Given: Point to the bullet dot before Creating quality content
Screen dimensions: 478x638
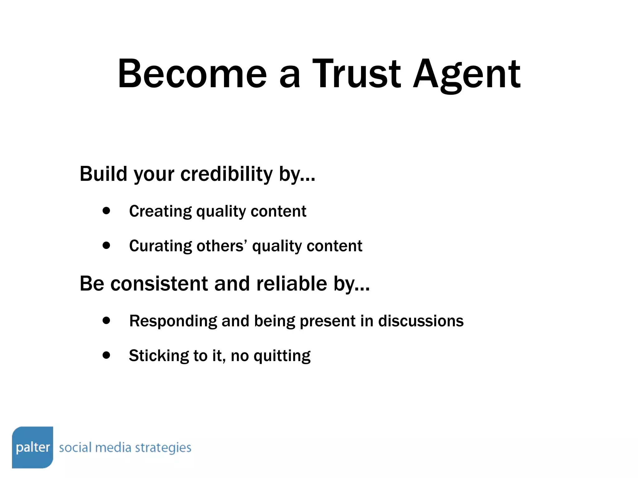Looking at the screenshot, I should coord(106,211).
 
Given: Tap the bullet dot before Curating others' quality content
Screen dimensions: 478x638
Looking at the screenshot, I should coord(106,245).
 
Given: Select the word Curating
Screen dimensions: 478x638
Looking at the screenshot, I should coord(160,246).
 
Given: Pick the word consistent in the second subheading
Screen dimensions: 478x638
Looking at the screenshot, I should coord(159,284).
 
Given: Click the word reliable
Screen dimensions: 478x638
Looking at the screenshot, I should coord(292,284).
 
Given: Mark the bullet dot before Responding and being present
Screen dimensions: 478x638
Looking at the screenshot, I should coord(106,320).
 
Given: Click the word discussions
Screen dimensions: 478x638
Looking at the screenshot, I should coord(421,321).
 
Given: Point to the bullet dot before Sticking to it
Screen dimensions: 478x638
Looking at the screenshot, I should coord(106,355).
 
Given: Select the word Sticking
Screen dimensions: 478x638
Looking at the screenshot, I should coord(159,356).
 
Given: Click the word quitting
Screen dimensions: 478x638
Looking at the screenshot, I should coord(282,356).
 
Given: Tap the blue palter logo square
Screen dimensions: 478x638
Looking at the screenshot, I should coord(32,447).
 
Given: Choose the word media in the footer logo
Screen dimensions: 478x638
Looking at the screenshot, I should coord(113,448).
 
